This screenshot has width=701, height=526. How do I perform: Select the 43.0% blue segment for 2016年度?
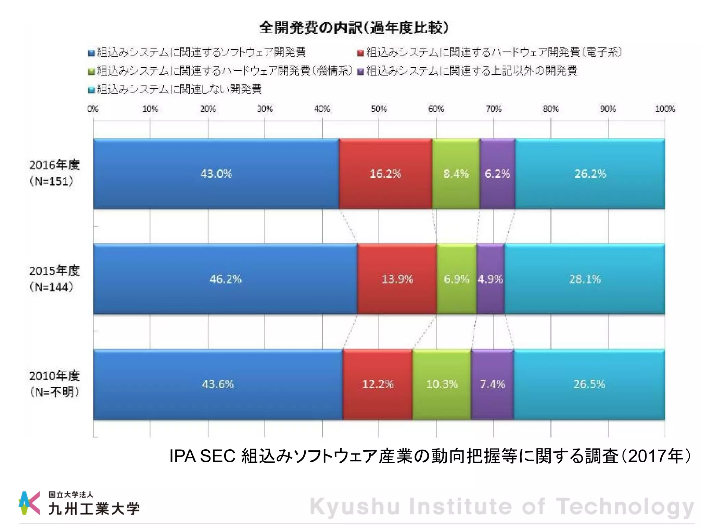coord(216,174)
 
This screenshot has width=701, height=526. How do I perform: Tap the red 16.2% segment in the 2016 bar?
coord(385,174)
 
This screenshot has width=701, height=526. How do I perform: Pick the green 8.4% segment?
coord(456,174)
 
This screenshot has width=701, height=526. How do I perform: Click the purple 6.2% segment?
coord(497,174)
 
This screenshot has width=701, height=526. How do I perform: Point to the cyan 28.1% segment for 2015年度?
coord(585,279)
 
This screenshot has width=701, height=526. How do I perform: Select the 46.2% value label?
coord(226,279)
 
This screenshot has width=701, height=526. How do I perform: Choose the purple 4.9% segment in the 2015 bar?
coord(490,279)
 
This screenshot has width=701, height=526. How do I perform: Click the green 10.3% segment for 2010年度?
coord(442,384)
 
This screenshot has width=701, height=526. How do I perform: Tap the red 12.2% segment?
coord(378,384)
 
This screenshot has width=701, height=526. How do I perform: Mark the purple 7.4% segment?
coord(492,384)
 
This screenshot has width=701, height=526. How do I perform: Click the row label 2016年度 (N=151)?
coord(54,173)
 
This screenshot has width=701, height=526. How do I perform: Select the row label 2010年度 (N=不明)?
coord(54,384)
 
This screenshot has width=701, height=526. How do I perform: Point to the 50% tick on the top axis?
coord(379,109)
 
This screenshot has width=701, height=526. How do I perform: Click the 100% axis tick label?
coord(665,109)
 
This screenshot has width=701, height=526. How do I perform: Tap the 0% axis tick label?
coord(93,109)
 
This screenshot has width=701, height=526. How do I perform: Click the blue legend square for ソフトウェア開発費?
coord(91,53)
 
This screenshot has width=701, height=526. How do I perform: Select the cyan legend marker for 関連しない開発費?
coord(91,90)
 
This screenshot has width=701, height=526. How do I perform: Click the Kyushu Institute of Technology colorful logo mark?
coord(29,503)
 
